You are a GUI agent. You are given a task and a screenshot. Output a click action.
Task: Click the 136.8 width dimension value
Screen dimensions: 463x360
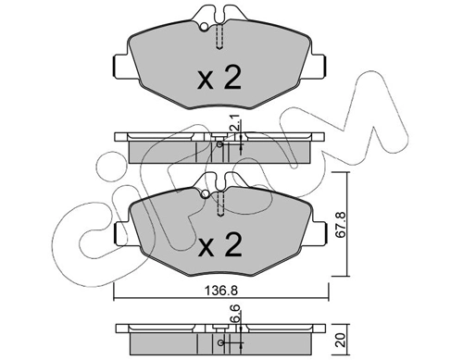tap(221, 290)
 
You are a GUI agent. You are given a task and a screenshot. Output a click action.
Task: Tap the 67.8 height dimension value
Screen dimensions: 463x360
tap(340, 224)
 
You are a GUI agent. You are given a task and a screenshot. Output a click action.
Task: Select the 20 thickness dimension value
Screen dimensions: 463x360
tap(341, 340)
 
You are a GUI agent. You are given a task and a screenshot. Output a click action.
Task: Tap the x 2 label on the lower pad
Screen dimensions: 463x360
tap(220, 245)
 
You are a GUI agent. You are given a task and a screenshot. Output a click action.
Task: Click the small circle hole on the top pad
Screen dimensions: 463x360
tap(204, 27)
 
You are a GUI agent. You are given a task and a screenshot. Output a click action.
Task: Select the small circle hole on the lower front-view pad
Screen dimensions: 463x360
tap(205, 194)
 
